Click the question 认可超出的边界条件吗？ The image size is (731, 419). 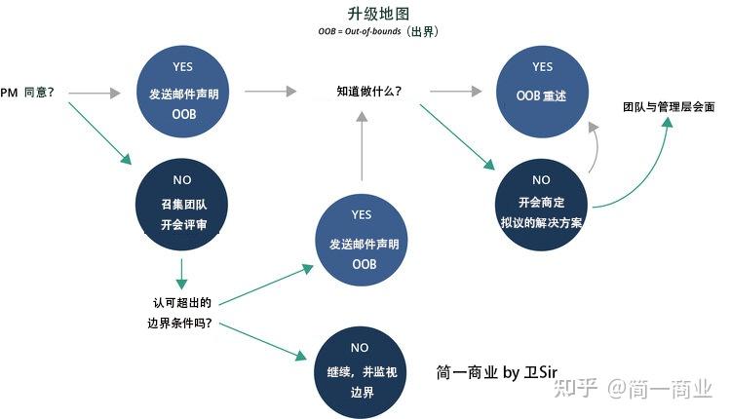coord(183,314)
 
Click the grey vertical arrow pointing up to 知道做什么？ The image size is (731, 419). coord(363,146)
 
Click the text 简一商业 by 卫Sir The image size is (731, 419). coord(497,372)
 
